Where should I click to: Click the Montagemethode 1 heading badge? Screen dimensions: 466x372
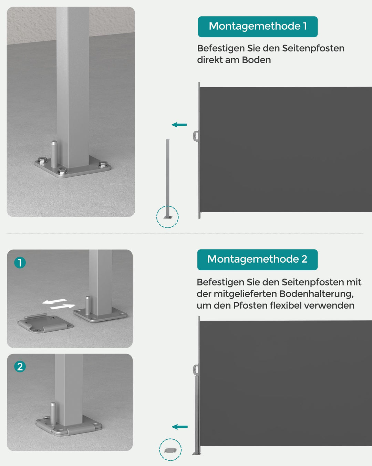258,27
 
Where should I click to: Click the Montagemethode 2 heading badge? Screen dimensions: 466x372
257,260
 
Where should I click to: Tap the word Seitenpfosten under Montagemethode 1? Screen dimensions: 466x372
313,48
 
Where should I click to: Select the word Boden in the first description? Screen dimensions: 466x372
256,60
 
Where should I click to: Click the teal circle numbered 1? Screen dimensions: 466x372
20,263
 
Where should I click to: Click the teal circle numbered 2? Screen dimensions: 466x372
20,367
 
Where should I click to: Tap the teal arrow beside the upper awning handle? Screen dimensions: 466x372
179,125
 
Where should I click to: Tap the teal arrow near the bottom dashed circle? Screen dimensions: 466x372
180,427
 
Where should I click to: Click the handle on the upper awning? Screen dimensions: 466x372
196,136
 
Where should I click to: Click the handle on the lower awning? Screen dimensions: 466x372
196,370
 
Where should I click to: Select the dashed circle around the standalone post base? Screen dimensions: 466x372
167,217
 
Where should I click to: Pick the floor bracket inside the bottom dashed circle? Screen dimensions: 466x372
170,450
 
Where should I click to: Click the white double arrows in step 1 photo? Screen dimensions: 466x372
59,304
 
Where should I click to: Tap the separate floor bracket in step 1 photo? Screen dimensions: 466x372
45,323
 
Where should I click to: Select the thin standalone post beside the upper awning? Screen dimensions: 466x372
168,176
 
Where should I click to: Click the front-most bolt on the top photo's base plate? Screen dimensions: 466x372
62,171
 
